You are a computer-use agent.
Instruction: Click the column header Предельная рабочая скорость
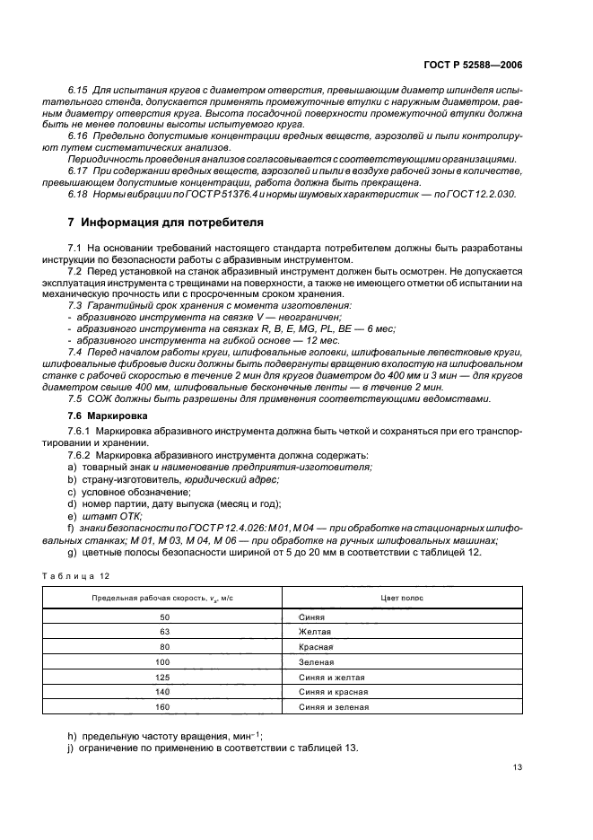[164, 597]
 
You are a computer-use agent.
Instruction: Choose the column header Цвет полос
[403, 597]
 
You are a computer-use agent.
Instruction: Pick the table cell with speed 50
[164, 617]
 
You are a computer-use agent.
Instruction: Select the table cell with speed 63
[164, 632]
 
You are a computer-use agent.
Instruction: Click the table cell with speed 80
[164, 647]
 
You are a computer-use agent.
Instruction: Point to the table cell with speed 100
[164, 662]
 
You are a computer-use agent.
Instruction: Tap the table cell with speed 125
[164, 678]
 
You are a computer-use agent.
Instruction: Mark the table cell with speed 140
[164, 692]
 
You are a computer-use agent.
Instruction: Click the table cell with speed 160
[164, 707]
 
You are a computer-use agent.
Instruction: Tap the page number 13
[518, 767]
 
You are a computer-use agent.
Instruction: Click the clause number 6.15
[80, 92]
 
